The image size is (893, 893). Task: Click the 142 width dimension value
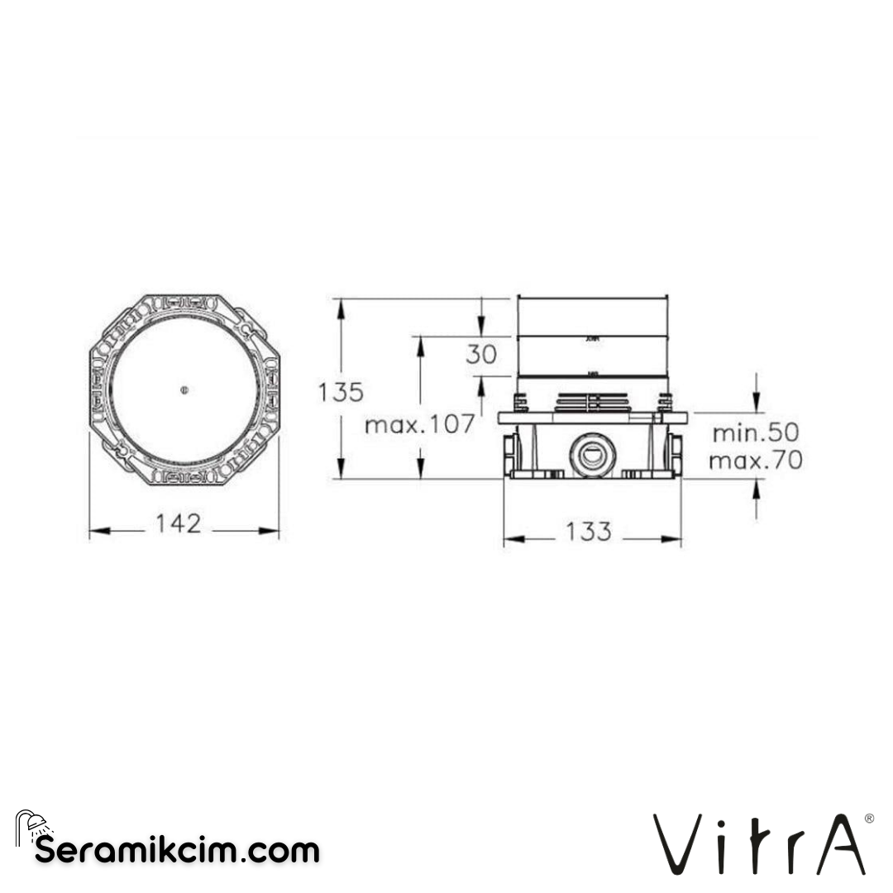tap(179, 523)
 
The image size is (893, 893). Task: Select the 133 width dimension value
tap(588, 532)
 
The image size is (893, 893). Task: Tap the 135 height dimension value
tap(341, 392)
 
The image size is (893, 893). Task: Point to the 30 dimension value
tap(481, 355)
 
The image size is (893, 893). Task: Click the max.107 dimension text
tap(420, 425)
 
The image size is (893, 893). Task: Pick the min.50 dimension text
tap(756, 432)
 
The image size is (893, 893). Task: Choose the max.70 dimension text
tap(756, 461)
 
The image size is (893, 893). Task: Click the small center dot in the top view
tap(184, 390)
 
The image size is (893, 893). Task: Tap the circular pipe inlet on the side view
tap(591, 454)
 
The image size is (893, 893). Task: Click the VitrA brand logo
tap(759, 843)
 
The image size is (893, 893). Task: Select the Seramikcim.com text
tap(176, 849)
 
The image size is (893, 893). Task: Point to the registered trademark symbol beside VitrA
tap(868, 818)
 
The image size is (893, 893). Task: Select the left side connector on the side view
tap(509, 454)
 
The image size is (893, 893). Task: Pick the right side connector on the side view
tap(676, 454)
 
